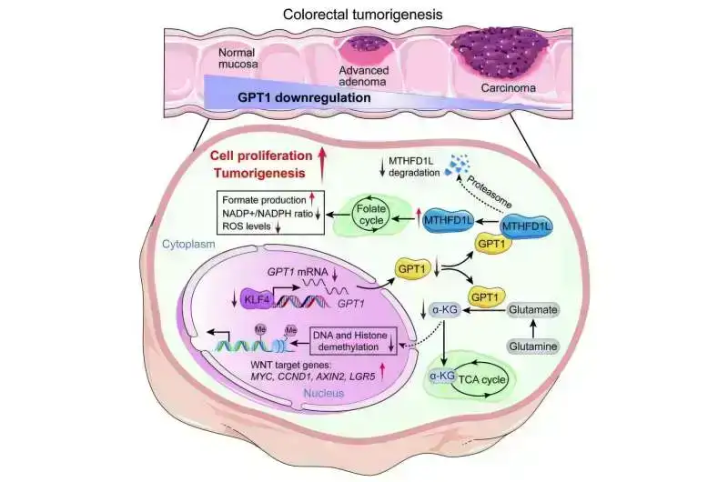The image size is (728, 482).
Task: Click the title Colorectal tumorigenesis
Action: click(364, 14)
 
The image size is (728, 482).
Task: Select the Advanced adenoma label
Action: click(364, 77)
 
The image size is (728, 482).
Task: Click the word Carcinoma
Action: click(511, 88)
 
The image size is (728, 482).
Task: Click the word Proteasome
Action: click(489, 166)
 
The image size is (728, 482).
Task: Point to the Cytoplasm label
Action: click(189, 245)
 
